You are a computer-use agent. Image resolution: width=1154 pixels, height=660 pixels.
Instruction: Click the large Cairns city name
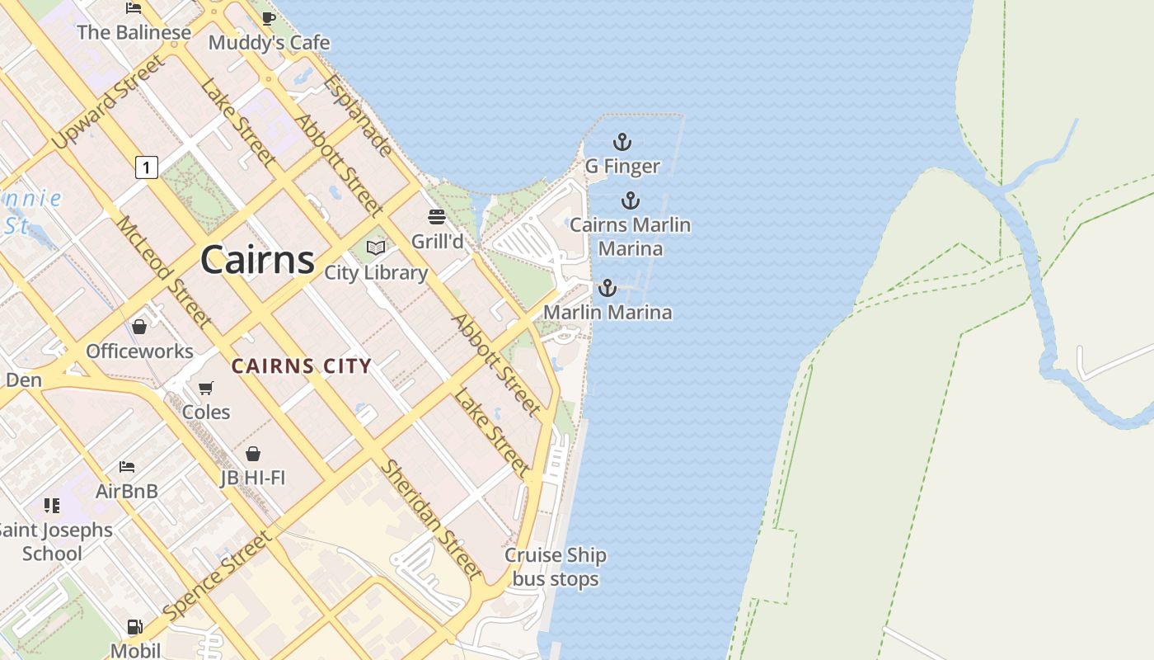[x=257, y=260]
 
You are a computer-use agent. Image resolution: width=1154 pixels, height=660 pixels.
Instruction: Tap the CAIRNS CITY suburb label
[x=301, y=366]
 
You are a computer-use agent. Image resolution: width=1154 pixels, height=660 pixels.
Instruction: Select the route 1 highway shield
[x=146, y=167]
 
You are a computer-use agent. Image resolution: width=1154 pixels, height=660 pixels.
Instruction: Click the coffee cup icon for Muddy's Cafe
[x=268, y=19]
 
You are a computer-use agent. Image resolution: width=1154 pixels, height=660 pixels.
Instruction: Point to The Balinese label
[x=134, y=33]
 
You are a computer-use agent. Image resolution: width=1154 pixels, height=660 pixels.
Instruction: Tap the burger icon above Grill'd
[x=437, y=217]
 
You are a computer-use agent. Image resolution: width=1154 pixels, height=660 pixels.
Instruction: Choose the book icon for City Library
[x=376, y=247]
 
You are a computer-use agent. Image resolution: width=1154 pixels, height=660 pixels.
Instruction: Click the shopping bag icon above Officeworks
[x=139, y=328]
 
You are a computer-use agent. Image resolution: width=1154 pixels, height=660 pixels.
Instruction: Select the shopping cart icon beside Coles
[x=206, y=388]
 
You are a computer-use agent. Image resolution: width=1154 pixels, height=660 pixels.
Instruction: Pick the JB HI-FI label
[x=253, y=477]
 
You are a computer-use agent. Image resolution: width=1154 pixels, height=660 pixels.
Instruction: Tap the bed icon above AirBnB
[x=126, y=467]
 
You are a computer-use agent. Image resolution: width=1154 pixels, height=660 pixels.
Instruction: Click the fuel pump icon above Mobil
[x=134, y=627]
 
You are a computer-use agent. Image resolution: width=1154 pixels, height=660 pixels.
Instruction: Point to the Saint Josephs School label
[x=54, y=541]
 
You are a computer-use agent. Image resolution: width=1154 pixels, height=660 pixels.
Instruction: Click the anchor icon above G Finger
[x=622, y=142]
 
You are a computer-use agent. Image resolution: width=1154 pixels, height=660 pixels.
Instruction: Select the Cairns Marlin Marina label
[x=631, y=236]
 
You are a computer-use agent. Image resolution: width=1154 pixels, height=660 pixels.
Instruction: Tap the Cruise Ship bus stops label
[x=556, y=568]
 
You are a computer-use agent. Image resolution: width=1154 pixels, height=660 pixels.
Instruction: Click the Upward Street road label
[x=107, y=103]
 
